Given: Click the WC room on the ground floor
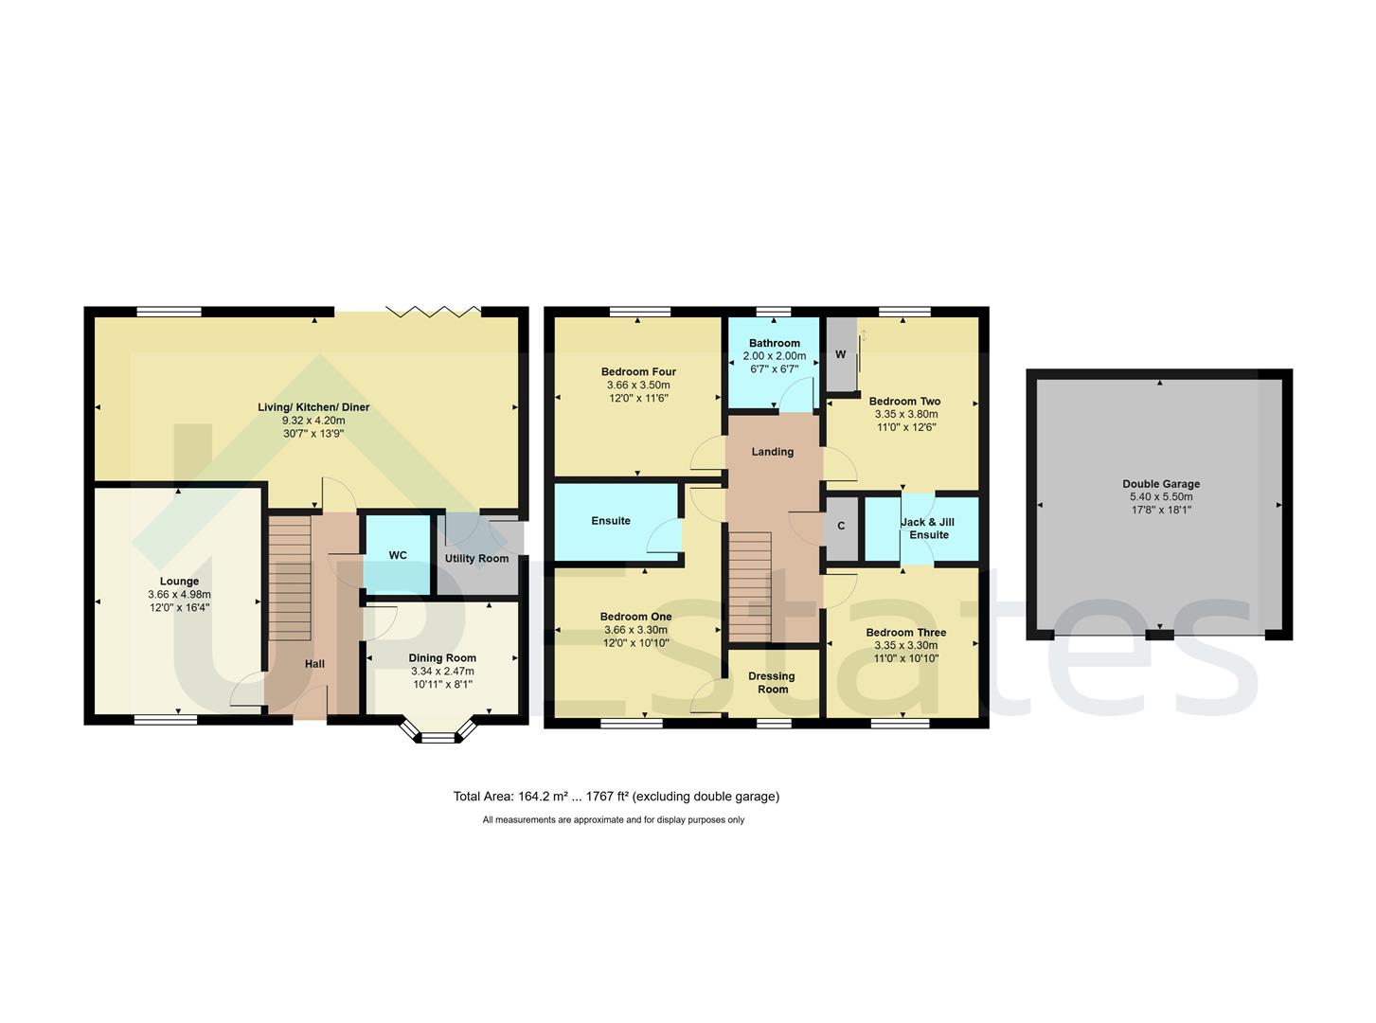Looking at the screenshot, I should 398,555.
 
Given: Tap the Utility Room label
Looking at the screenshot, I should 476,559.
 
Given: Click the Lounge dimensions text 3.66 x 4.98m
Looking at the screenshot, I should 179,595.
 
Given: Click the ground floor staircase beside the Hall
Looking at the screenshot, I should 291,578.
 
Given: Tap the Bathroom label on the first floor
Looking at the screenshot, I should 774,344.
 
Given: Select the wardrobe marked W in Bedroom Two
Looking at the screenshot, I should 840,355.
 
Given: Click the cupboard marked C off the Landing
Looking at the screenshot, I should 841,527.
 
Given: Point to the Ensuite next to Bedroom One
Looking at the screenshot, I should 611,521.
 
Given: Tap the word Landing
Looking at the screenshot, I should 772,452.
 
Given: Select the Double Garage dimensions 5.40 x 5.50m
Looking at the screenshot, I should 1160,497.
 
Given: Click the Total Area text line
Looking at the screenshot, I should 616,797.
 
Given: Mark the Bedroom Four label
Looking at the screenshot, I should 638,372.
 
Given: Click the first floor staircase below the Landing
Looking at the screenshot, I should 750,587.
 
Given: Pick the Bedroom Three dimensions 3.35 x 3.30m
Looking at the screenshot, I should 905,646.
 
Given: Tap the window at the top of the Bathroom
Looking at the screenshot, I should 774,311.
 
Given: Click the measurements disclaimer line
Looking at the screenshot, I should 613,820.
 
